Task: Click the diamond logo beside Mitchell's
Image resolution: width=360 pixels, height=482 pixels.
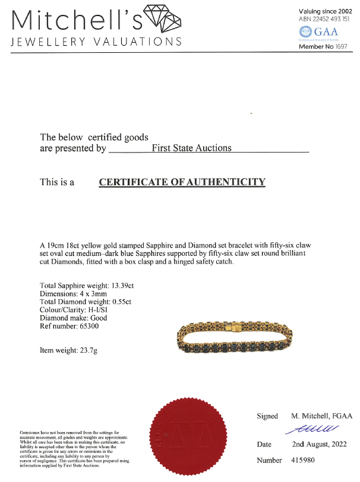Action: point(162,20)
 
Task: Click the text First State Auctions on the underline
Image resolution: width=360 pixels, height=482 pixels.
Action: point(191,148)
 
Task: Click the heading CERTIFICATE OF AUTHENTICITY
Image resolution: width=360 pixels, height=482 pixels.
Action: point(181,182)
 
